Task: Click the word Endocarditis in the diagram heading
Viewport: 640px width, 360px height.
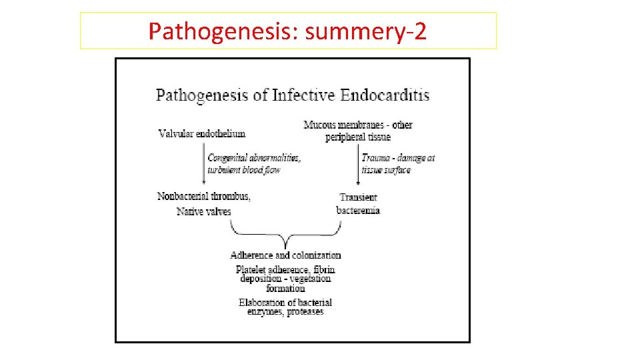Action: [385, 95]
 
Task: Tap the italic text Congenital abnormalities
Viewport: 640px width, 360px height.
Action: [254, 158]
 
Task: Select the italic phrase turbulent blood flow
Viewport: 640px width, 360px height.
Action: [243, 169]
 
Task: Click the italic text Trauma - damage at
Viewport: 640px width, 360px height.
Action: [398, 158]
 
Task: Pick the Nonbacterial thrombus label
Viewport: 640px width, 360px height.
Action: [204, 196]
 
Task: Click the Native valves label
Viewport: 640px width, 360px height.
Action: [203, 211]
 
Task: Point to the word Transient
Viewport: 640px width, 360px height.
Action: [358, 197]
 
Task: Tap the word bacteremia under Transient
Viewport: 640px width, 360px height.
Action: [358, 210]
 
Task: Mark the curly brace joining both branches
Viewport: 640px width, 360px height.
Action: [285, 235]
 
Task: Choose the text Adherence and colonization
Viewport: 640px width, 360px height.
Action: [285, 255]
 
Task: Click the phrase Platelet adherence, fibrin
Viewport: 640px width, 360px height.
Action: [285, 269]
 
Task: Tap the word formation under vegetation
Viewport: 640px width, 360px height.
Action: [285, 288]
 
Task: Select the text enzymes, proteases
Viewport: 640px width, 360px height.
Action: [285, 311]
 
